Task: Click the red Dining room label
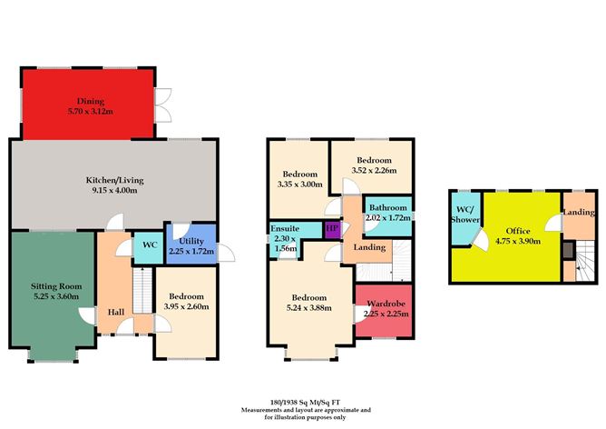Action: click(91, 102)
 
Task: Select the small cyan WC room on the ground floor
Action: click(146, 245)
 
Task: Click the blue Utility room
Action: click(189, 244)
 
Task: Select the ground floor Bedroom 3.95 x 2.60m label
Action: click(184, 302)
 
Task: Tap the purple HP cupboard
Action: click(332, 227)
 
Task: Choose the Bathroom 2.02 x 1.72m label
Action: click(387, 212)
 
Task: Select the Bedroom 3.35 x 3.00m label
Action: click(298, 178)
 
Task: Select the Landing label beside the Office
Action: click(579, 213)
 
